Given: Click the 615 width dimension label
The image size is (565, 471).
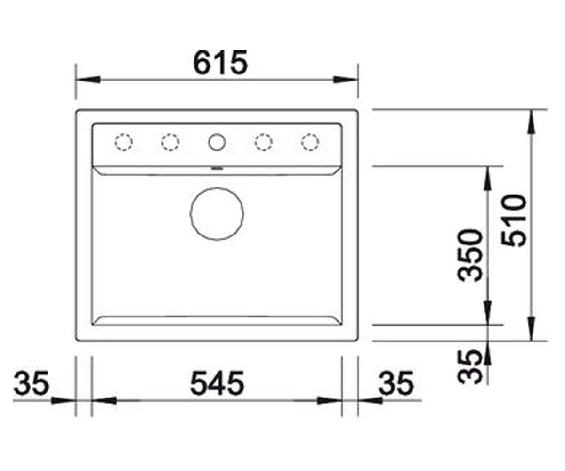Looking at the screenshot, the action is tap(220, 63).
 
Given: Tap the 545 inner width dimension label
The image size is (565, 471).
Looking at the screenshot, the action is tap(217, 383).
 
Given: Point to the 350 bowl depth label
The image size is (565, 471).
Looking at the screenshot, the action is tap(470, 256).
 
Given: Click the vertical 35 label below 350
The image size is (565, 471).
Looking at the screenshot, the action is tap(470, 367).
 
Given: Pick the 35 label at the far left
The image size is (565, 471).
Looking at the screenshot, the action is tap(31, 383).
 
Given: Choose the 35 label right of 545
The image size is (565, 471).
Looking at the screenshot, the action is tap(396, 383).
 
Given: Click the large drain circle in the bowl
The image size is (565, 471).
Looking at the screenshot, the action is tap(217, 214).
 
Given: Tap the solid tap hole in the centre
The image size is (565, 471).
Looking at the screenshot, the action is tap(217, 142).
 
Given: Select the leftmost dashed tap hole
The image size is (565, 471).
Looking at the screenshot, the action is tap(124, 142).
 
